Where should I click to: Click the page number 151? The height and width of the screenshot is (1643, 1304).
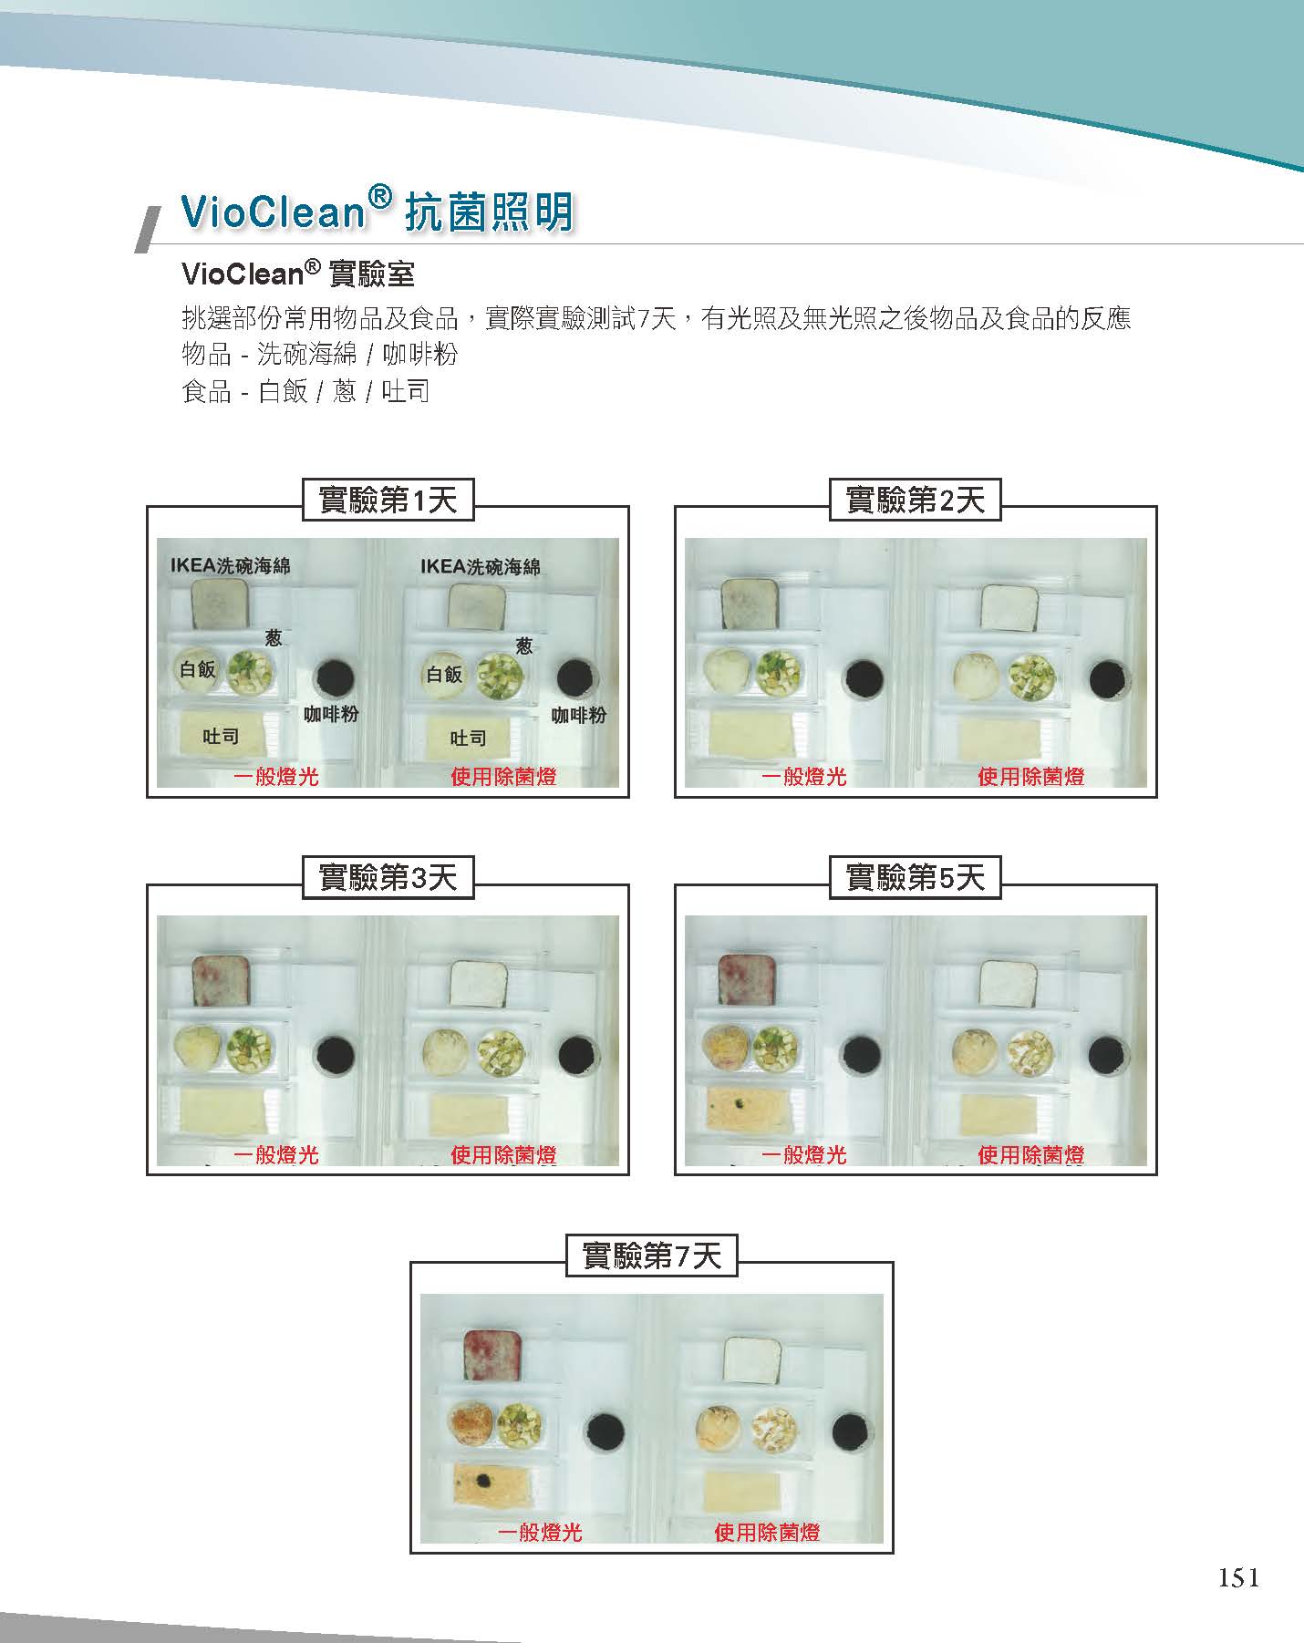[1238, 1577]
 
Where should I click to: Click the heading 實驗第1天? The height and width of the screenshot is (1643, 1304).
[388, 500]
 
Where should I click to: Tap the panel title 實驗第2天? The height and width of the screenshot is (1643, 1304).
[915, 500]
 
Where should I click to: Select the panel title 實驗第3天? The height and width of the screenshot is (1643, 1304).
[388, 878]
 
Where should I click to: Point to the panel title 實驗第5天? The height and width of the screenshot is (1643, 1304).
[915, 878]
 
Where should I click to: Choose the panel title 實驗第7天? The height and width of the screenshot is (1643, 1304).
[651, 1256]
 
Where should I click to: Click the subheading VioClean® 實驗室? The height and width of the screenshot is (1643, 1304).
[298, 273]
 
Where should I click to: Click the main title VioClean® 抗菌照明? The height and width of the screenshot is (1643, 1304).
[378, 212]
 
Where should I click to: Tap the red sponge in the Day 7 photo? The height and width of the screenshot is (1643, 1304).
[492, 1357]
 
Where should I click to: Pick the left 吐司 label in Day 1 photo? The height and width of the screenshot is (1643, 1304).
[221, 737]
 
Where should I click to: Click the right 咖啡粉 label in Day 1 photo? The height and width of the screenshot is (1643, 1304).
[579, 716]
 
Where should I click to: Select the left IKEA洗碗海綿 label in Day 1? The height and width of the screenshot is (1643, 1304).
[230, 566]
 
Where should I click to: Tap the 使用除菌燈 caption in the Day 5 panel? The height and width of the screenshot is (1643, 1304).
[1030, 1154]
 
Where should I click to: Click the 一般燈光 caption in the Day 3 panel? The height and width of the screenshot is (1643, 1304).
[275, 1154]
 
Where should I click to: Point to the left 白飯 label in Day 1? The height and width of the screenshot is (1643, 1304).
[197, 670]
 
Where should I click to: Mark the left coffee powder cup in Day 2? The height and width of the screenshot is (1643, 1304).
[864, 677]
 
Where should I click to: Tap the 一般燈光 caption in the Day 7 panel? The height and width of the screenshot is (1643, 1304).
[539, 1532]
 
